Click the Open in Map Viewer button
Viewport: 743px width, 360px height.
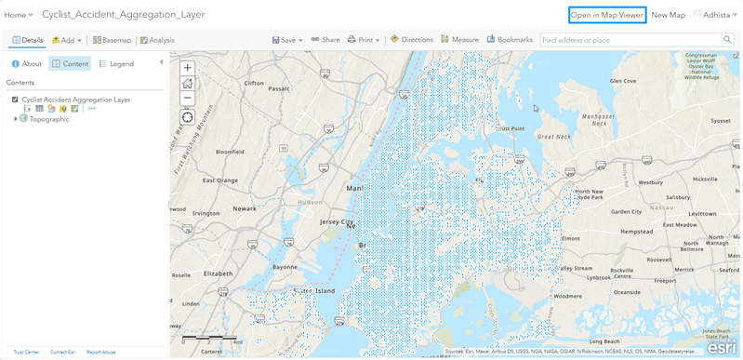pos(606,15)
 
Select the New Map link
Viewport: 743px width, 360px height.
pos(668,15)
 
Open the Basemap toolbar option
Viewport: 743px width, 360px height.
pos(112,40)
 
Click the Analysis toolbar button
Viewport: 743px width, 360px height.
pos(157,40)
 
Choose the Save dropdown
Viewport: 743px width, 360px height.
pos(287,40)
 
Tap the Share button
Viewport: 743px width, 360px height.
pos(325,40)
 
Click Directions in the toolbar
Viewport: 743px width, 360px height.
pos(412,40)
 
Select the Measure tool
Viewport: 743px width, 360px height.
pos(460,40)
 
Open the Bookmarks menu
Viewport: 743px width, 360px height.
pos(510,40)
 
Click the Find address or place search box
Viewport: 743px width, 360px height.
pos(630,40)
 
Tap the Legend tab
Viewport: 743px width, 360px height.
pos(116,64)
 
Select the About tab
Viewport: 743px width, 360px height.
pos(27,64)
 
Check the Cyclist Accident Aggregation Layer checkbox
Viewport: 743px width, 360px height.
pos(15,100)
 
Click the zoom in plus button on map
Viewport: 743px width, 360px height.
pos(188,69)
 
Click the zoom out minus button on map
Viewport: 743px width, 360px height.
pos(188,98)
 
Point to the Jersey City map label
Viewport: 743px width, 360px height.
pos(337,223)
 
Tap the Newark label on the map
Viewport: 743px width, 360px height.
pos(245,209)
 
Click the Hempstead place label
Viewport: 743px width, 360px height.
pos(636,231)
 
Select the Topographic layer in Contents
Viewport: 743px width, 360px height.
pos(49,119)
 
